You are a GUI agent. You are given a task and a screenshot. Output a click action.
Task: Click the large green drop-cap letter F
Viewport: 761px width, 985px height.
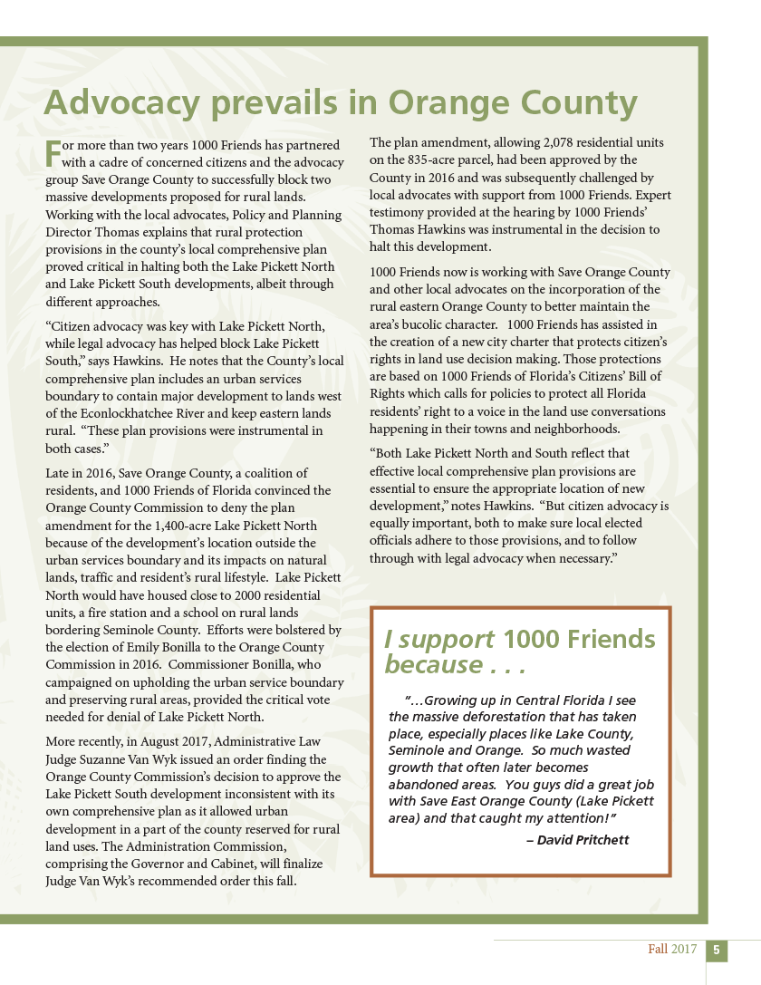click(x=53, y=152)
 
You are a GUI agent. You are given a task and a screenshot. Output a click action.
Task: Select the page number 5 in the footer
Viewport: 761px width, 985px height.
click(x=716, y=950)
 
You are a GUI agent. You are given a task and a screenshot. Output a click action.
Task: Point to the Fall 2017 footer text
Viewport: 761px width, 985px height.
click(x=672, y=950)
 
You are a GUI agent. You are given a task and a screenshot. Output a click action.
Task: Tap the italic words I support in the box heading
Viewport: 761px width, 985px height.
click(x=438, y=639)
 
